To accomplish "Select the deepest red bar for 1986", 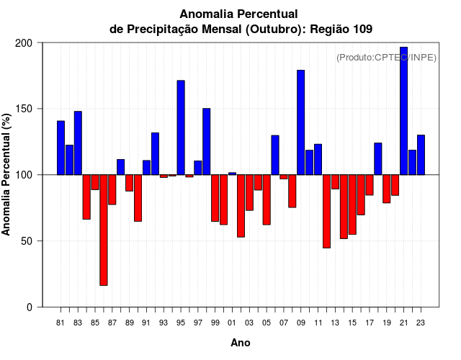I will (x=104, y=230).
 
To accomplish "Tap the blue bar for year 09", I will (x=300, y=122).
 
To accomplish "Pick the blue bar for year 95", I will (x=181, y=127).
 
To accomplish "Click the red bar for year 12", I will (x=326, y=211).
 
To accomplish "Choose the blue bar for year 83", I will (x=78, y=143).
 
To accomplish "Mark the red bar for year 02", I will (x=241, y=205).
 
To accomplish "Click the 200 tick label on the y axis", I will (x=24, y=43).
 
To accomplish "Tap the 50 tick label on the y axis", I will (x=27, y=241).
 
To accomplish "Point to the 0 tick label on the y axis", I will (x=30, y=307).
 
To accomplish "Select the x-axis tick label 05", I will (x=267, y=323).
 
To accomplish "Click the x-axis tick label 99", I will (x=215, y=323).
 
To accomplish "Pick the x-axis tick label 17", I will (x=370, y=323).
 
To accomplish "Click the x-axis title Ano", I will (x=241, y=343).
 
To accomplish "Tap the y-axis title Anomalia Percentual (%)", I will (x=7, y=175).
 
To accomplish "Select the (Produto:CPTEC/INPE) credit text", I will (x=386, y=58).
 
